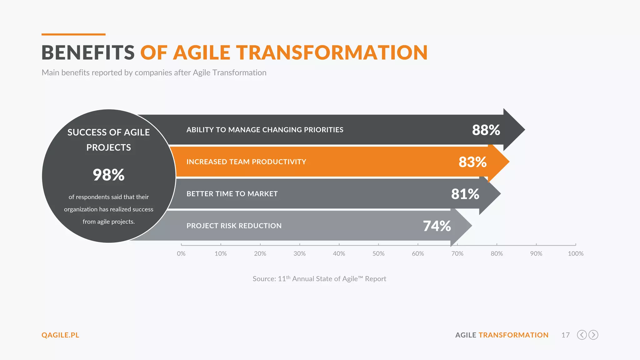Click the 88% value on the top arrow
coord(486,130)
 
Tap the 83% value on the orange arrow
coord(472,162)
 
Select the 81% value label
coord(465,194)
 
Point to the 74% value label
coord(437,226)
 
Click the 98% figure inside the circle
coord(108,175)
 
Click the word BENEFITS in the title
coord(88,52)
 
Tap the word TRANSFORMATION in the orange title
coord(332,52)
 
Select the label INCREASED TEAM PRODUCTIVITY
coord(246,162)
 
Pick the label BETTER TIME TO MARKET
coord(232,194)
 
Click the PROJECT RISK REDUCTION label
coord(234,226)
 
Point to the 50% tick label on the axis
coord(378,254)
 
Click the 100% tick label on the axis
coord(575,254)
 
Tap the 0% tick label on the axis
coord(181,254)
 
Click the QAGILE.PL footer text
coord(60,335)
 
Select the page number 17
coord(565,335)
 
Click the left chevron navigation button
coord(582,335)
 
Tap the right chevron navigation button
coord(593,335)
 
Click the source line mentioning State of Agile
coord(319,279)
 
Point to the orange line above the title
coord(73,34)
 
